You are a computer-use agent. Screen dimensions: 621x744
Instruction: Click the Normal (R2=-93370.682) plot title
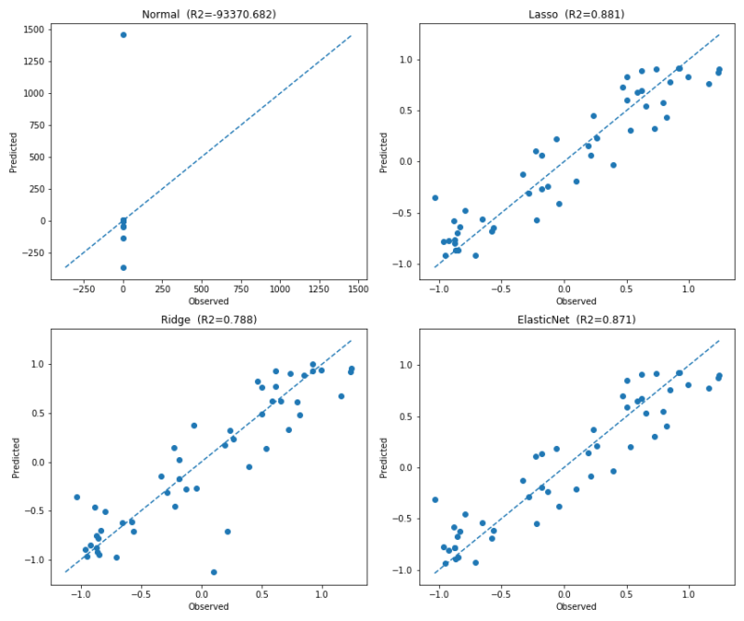coord(208,14)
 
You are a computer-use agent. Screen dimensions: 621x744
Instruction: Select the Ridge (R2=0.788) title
coord(208,319)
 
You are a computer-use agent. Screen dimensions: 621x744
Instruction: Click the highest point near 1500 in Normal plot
coord(124,34)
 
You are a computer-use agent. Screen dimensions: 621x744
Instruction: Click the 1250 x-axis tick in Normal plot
coord(319,290)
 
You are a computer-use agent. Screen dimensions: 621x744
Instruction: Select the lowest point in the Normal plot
coord(124,267)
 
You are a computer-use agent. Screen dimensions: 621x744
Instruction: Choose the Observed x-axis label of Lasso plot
coord(577,302)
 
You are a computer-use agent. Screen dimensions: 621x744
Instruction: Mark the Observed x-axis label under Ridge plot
coord(208,607)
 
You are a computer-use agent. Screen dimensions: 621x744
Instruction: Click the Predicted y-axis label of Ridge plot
coord(16,458)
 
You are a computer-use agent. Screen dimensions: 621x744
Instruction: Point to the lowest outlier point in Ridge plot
coord(214,573)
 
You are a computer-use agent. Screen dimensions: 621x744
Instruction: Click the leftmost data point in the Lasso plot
coord(435,197)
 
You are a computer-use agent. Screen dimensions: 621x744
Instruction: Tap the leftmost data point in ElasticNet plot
coord(435,500)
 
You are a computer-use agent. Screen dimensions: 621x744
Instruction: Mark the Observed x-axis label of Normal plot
coord(208,302)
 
